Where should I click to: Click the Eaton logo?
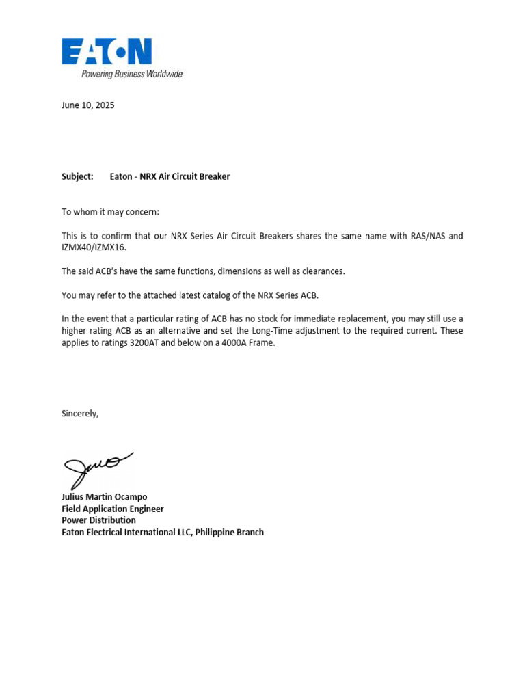107,51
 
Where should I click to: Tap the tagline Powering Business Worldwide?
132,74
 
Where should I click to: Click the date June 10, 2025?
88,105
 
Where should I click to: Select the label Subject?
77,176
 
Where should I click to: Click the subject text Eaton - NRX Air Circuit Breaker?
170,176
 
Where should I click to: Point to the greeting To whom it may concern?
110,212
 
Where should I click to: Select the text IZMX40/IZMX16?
94,247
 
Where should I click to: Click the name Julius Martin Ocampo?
105,497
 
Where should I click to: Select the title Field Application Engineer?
113,509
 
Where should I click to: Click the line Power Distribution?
98,520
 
